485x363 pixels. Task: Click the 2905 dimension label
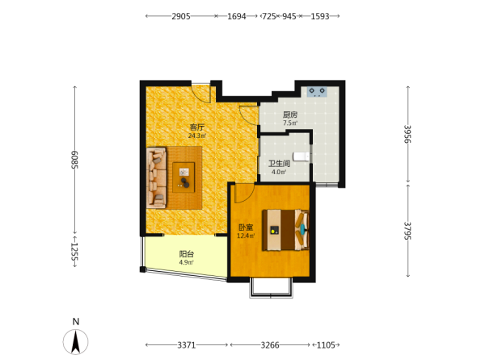click(181, 16)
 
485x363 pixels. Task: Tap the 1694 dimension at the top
click(237, 16)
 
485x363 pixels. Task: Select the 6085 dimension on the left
click(74, 160)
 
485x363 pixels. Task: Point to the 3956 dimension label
click(407, 134)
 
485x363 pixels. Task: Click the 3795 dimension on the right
click(407, 231)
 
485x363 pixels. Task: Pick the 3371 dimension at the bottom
click(186, 344)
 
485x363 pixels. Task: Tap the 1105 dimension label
click(326, 344)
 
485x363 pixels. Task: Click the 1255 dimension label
click(74, 251)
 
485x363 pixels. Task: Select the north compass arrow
click(75, 341)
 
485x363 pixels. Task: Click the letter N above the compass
click(76, 322)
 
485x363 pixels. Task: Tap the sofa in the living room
click(157, 177)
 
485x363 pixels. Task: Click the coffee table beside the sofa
click(183, 177)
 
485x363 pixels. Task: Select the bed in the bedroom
click(286, 230)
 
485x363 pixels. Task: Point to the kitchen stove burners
click(317, 92)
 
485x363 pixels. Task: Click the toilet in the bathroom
click(301, 156)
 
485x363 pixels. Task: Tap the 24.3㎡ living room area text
click(197, 136)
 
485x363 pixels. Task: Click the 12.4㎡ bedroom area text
click(246, 236)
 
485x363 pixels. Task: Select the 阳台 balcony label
click(187, 254)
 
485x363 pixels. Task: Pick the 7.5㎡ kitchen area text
click(290, 123)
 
